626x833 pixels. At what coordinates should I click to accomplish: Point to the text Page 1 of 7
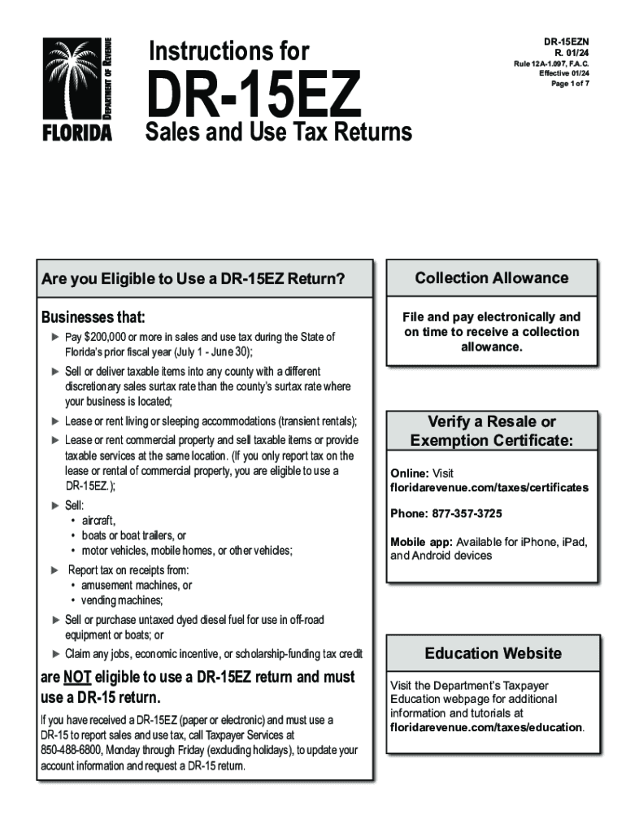click(x=570, y=85)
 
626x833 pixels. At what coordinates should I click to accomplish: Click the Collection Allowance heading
click(x=492, y=278)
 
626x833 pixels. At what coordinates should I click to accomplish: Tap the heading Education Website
click(x=493, y=653)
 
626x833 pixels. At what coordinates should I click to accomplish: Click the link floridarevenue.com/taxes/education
click(x=486, y=727)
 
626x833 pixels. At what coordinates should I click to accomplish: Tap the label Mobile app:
click(x=421, y=542)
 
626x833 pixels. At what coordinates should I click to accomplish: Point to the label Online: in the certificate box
click(x=410, y=473)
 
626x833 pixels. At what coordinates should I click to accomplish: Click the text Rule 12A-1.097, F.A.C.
click(x=555, y=63)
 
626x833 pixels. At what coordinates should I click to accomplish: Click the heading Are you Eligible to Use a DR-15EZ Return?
click(x=193, y=280)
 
